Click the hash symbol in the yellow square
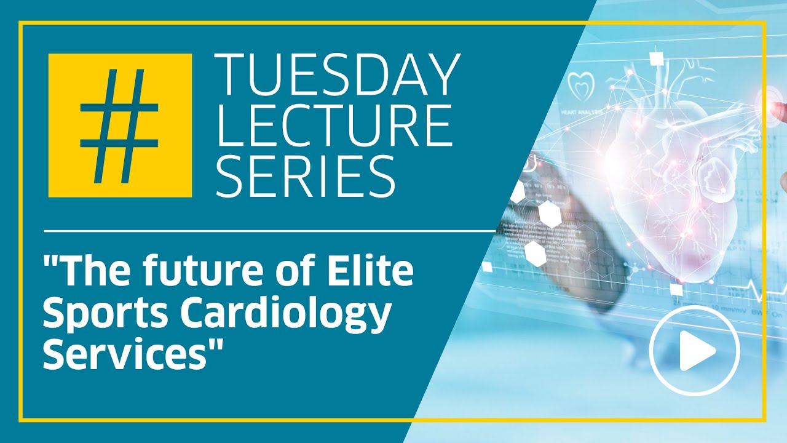click(120, 126)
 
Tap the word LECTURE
click(334, 126)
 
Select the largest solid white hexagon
click(551, 214)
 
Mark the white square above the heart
click(656, 59)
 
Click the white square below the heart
click(676, 290)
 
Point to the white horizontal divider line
click(271, 231)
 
